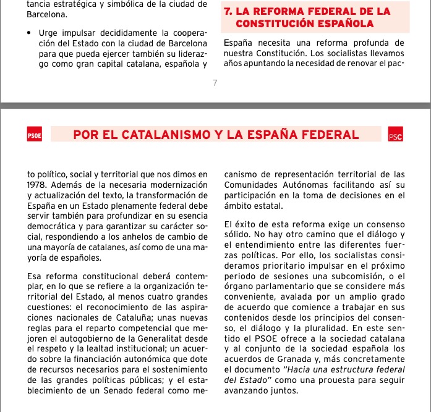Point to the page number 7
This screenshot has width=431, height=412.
(x=215, y=83)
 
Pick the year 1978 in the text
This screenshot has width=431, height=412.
(x=38, y=185)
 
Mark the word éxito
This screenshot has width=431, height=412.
(x=246, y=224)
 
